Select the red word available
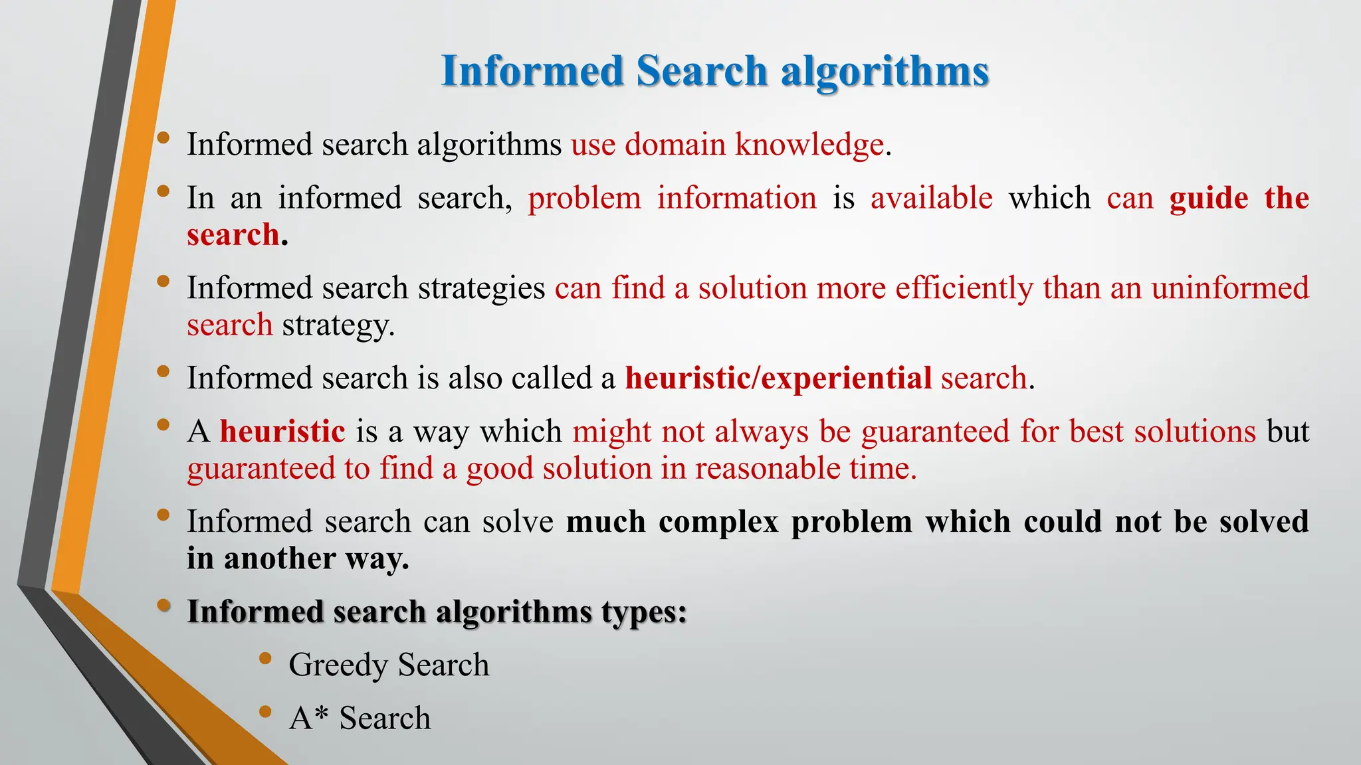tap(932, 198)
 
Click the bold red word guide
tap(1209, 198)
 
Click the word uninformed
tap(1230, 288)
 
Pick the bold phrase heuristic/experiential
tap(778, 378)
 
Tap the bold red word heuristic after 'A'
tap(282, 432)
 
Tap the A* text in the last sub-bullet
tap(309, 718)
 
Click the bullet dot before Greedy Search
tap(266, 659)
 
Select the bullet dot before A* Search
tap(266, 713)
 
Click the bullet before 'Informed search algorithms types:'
tap(163, 606)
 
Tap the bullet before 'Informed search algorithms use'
tap(163, 138)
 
